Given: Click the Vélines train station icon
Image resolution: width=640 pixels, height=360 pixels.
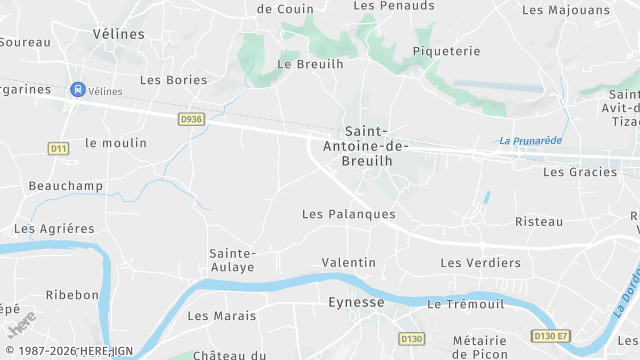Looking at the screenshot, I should coord(76,90).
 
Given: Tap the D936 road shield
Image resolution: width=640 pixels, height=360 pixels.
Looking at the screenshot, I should coord(191,118).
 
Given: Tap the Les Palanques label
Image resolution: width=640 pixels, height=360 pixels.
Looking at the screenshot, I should coord(349,214).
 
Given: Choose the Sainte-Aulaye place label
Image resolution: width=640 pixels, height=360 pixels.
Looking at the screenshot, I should coord(232,260).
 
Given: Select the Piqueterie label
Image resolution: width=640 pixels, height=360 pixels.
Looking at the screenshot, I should coord(447,51).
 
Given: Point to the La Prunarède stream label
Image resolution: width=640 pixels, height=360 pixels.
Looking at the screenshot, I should coord(530,140).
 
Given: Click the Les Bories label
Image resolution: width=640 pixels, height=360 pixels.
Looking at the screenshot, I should coord(173,79).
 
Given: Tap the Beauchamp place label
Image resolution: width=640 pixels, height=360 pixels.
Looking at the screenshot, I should coord(66,186).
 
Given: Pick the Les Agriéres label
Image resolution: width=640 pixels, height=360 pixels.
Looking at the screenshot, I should coord(54,228).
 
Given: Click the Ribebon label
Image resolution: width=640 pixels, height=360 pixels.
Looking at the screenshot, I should coord(72,295).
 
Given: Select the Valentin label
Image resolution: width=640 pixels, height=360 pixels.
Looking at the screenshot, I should coord(348,262).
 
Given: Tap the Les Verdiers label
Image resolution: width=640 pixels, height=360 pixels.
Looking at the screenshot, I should coord(481,263).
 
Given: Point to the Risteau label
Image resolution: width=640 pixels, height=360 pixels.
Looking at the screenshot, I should coord(539,221).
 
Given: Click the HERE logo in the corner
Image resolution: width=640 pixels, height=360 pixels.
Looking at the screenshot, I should coord(20,325).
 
